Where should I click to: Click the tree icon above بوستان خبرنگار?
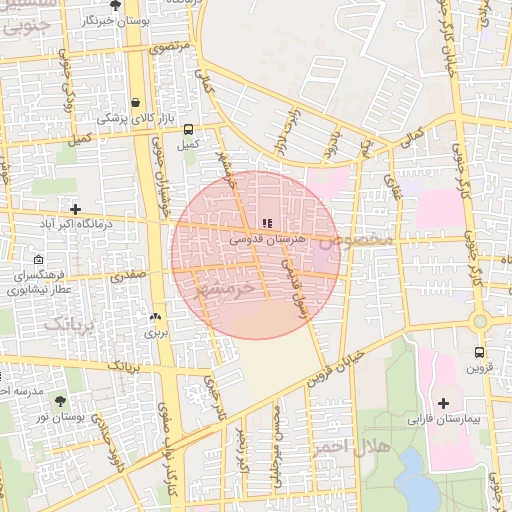(x=115, y=6)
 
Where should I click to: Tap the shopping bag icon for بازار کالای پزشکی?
(x=134, y=102)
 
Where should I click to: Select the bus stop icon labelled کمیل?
(x=188, y=129)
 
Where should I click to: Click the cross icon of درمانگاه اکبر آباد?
(x=75, y=209)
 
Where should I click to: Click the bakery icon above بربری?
(x=155, y=317)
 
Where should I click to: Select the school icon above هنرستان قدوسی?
(x=266, y=223)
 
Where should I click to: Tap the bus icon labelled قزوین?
(x=480, y=352)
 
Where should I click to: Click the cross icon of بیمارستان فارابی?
(x=444, y=403)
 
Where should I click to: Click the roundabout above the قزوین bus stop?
(x=481, y=321)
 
